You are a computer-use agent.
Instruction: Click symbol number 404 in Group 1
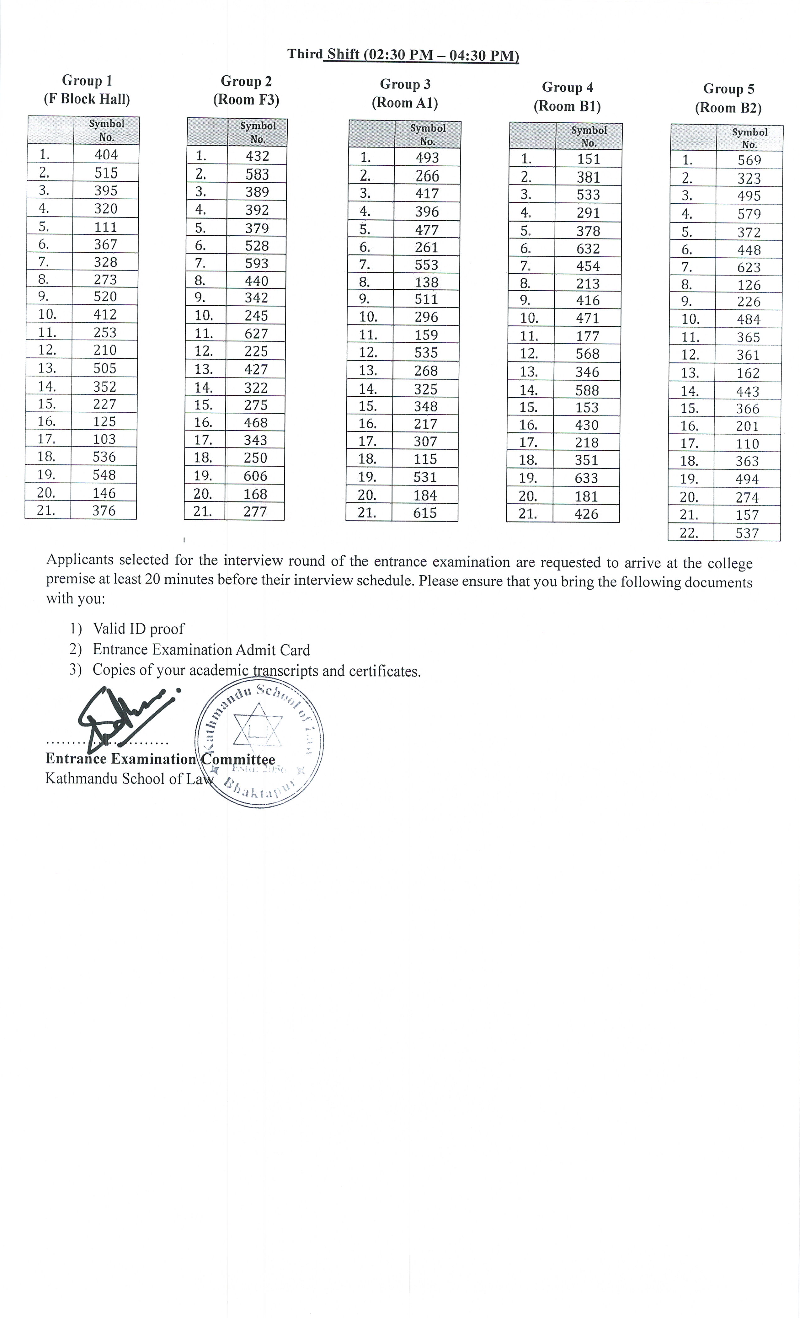tap(106, 155)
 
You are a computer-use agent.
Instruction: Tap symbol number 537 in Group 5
tap(747, 533)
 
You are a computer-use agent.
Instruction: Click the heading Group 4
tap(568, 87)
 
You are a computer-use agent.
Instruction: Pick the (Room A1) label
tap(405, 103)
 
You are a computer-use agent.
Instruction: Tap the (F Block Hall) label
tap(87, 99)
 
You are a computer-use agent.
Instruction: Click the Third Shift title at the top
tap(403, 55)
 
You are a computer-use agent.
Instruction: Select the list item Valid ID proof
tap(138, 629)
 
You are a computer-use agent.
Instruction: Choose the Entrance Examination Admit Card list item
tap(201, 649)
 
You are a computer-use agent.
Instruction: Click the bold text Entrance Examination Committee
tap(160, 759)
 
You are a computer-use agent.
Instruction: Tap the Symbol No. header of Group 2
tap(258, 132)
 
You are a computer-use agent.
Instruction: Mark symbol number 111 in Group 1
tap(105, 227)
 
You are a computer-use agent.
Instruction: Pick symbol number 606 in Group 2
tap(256, 475)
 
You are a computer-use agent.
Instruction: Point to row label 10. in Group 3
tap(368, 317)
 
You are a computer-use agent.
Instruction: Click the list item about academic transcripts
tap(257, 670)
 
